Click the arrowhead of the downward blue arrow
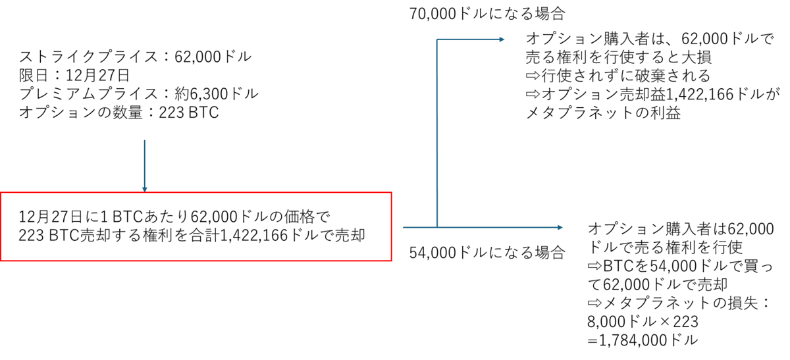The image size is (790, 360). (x=145, y=190)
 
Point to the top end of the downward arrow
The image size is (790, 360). (x=145, y=140)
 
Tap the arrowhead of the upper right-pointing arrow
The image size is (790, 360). (x=502, y=39)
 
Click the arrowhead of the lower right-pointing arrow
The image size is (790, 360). (x=560, y=227)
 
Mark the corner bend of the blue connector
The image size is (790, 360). (x=437, y=39)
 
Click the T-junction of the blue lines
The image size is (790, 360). (x=437, y=227)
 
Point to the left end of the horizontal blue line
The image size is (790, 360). (x=403, y=227)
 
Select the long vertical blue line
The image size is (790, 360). (x=437, y=132)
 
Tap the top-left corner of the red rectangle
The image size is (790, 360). (x=2, y=193)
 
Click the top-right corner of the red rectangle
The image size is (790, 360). (x=391, y=193)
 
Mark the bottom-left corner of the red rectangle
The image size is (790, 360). (x=2, y=260)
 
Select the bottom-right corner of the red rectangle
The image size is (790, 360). (x=391, y=260)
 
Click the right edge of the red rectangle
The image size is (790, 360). (x=391, y=227)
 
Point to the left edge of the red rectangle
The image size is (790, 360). (x=2, y=227)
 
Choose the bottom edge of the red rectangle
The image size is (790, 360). (x=197, y=260)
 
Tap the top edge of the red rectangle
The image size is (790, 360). (x=263, y=193)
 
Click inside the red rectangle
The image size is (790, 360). (x=197, y=227)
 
